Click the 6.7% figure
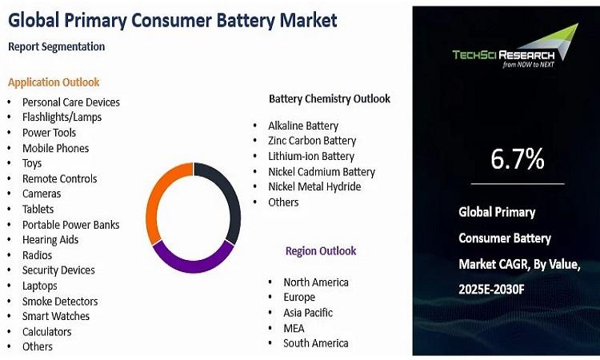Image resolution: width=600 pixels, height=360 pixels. [x=518, y=158]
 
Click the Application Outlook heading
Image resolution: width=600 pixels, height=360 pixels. [x=54, y=82]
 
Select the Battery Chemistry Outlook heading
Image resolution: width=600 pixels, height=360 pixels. [x=330, y=98]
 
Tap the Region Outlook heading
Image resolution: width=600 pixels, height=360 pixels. [x=321, y=251]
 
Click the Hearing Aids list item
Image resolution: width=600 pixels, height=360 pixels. [x=50, y=240]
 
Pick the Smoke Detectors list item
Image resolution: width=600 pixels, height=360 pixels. [x=60, y=302]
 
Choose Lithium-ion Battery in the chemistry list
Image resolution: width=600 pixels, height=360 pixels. [x=311, y=157]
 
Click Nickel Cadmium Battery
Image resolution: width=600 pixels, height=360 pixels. [x=322, y=172]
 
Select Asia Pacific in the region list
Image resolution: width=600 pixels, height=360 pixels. [x=308, y=313]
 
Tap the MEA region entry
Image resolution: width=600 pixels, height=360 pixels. [x=294, y=328]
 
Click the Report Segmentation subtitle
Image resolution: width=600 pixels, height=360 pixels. [x=56, y=46]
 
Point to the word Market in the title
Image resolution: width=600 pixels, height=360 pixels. [x=309, y=20]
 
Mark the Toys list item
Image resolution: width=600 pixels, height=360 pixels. [x=32, y=164]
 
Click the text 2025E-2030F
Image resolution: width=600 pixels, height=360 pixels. [x=491, y=290]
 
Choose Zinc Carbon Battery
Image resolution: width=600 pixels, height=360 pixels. [x=312, y=141]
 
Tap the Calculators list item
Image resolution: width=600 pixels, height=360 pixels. [x=46, y=332]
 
